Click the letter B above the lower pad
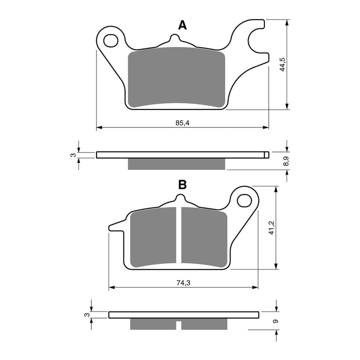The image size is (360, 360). point(182,184)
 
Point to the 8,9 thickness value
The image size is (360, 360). point(285,161)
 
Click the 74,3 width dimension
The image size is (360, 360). point(183,283)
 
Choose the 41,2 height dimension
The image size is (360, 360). point(271,227)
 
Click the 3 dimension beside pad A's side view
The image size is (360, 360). point(72,155)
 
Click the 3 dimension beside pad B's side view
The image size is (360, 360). point(86,314)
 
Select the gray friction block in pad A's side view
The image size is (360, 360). point(177,163)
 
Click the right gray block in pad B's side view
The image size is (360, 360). point(203,324)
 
